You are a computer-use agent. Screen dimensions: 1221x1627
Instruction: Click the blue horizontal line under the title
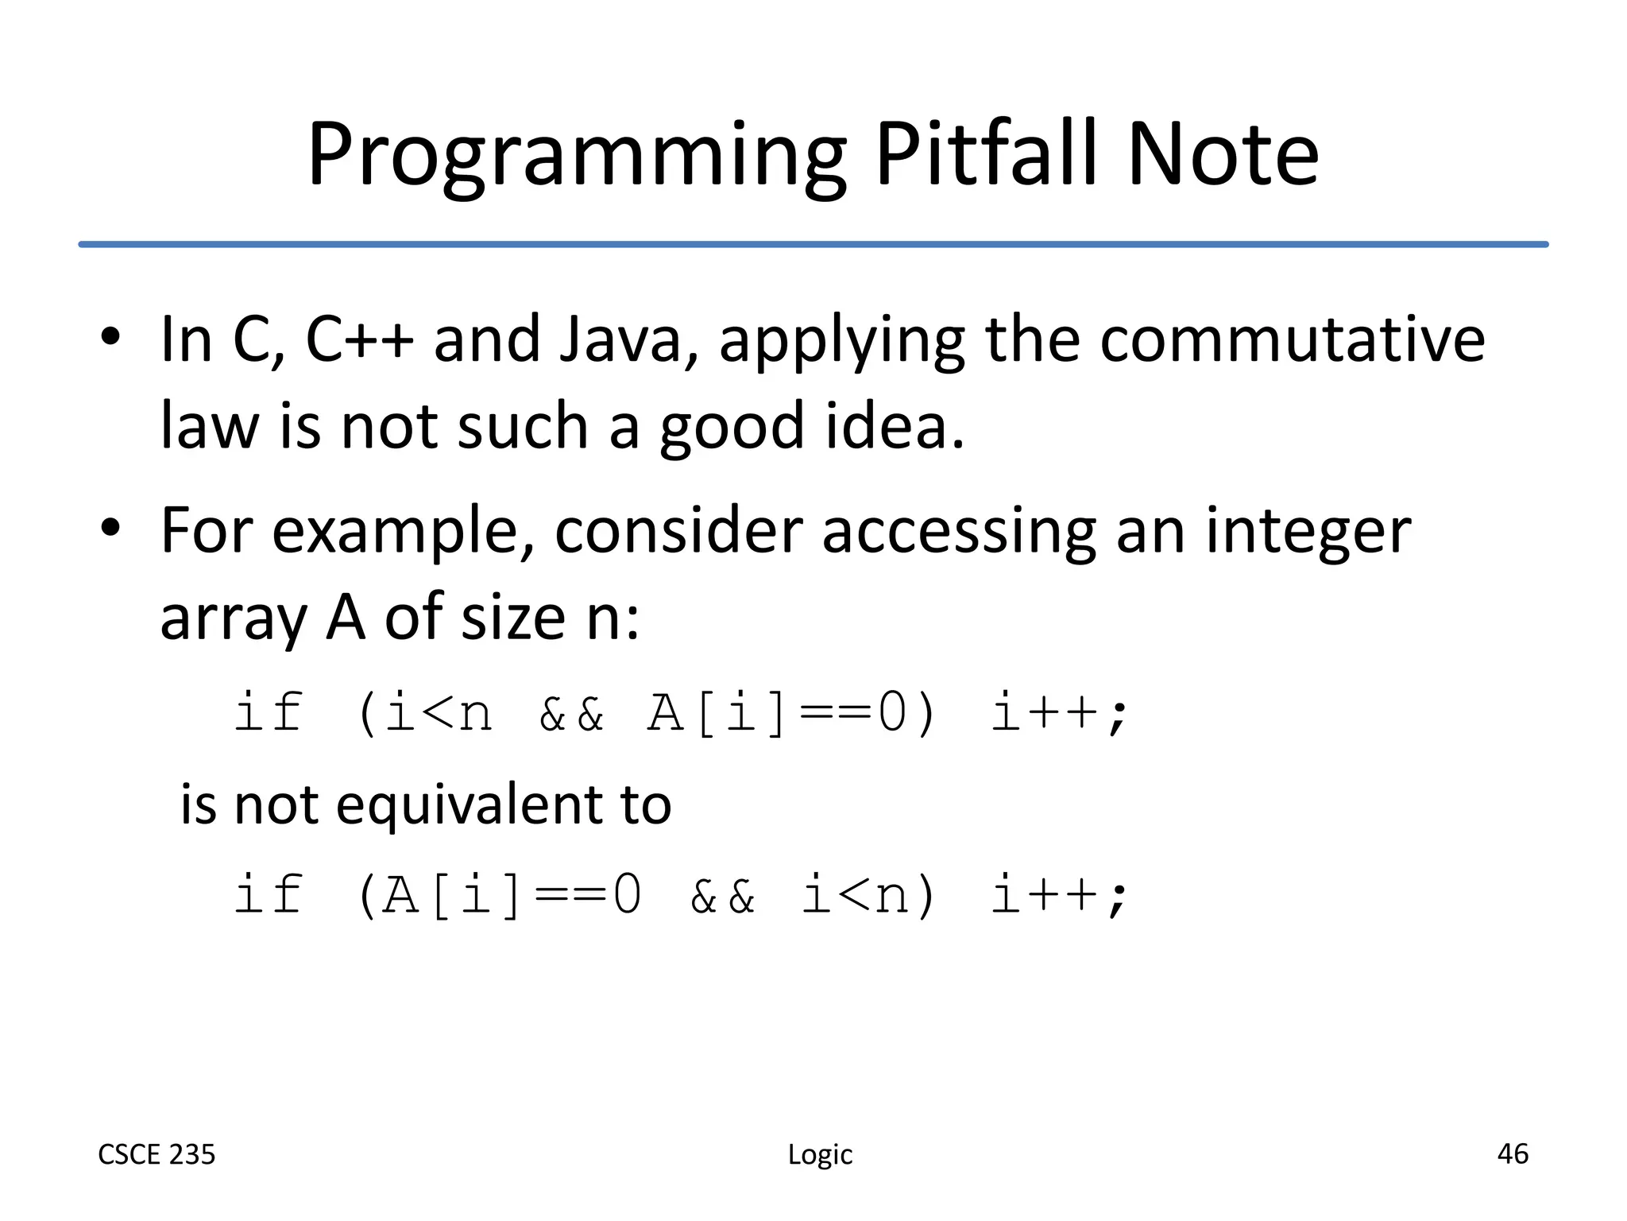coord(813,244)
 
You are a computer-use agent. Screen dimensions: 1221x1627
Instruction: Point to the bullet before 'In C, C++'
coord(110,337)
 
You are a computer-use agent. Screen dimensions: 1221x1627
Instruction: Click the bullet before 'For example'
coord(110,528)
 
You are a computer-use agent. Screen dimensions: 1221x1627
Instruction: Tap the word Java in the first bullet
coord(620,339)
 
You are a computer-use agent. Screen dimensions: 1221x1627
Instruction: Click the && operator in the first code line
coord(570,712)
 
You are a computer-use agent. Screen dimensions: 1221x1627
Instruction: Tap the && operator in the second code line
coord(721,895)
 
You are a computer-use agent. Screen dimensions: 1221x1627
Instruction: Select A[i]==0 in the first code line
coord(776,712)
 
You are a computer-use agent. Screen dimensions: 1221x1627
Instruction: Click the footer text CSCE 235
coord(157,1154)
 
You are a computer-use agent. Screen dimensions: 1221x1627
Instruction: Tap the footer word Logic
coord(820,1155)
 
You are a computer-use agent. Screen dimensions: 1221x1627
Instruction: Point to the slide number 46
coord(1512,1153)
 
